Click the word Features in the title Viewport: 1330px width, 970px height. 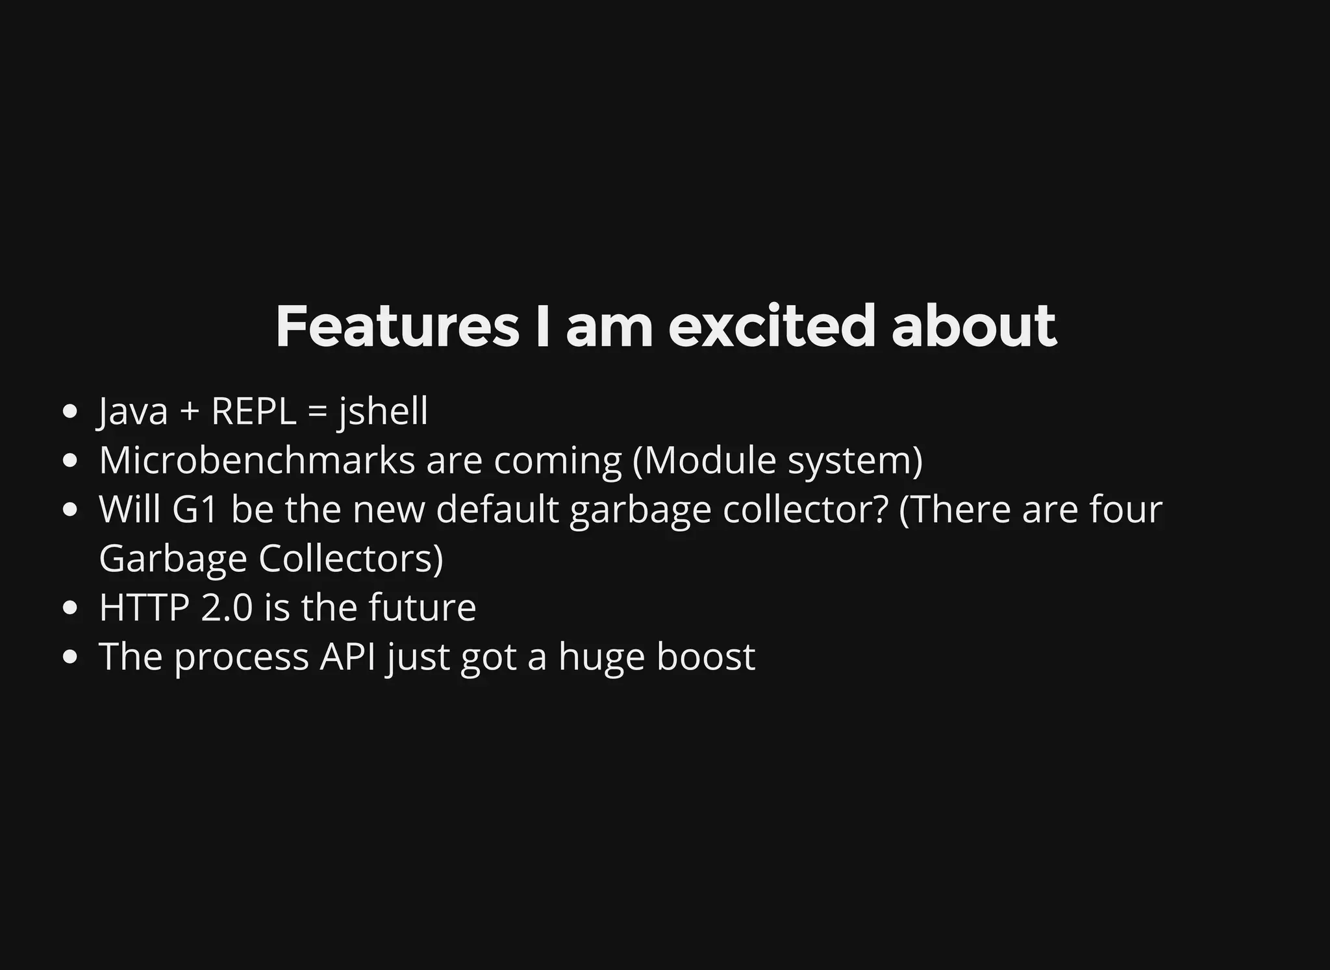point(397,326)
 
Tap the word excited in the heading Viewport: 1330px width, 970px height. point(772,326)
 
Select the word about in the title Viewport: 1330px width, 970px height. point(973,326)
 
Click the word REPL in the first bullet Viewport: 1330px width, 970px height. point(253,411)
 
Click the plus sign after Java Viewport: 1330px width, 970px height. point(189,412)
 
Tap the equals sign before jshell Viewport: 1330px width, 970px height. point(316,412)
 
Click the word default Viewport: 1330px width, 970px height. point(497,509)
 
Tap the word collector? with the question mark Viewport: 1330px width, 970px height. point(805,509)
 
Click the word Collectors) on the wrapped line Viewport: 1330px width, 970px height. point(351,558)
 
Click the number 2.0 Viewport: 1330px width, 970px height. point(227,608)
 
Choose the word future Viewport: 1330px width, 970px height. point(422,608)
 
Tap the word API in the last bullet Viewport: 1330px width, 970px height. point(347,656)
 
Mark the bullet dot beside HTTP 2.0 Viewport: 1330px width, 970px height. point(71,608)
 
